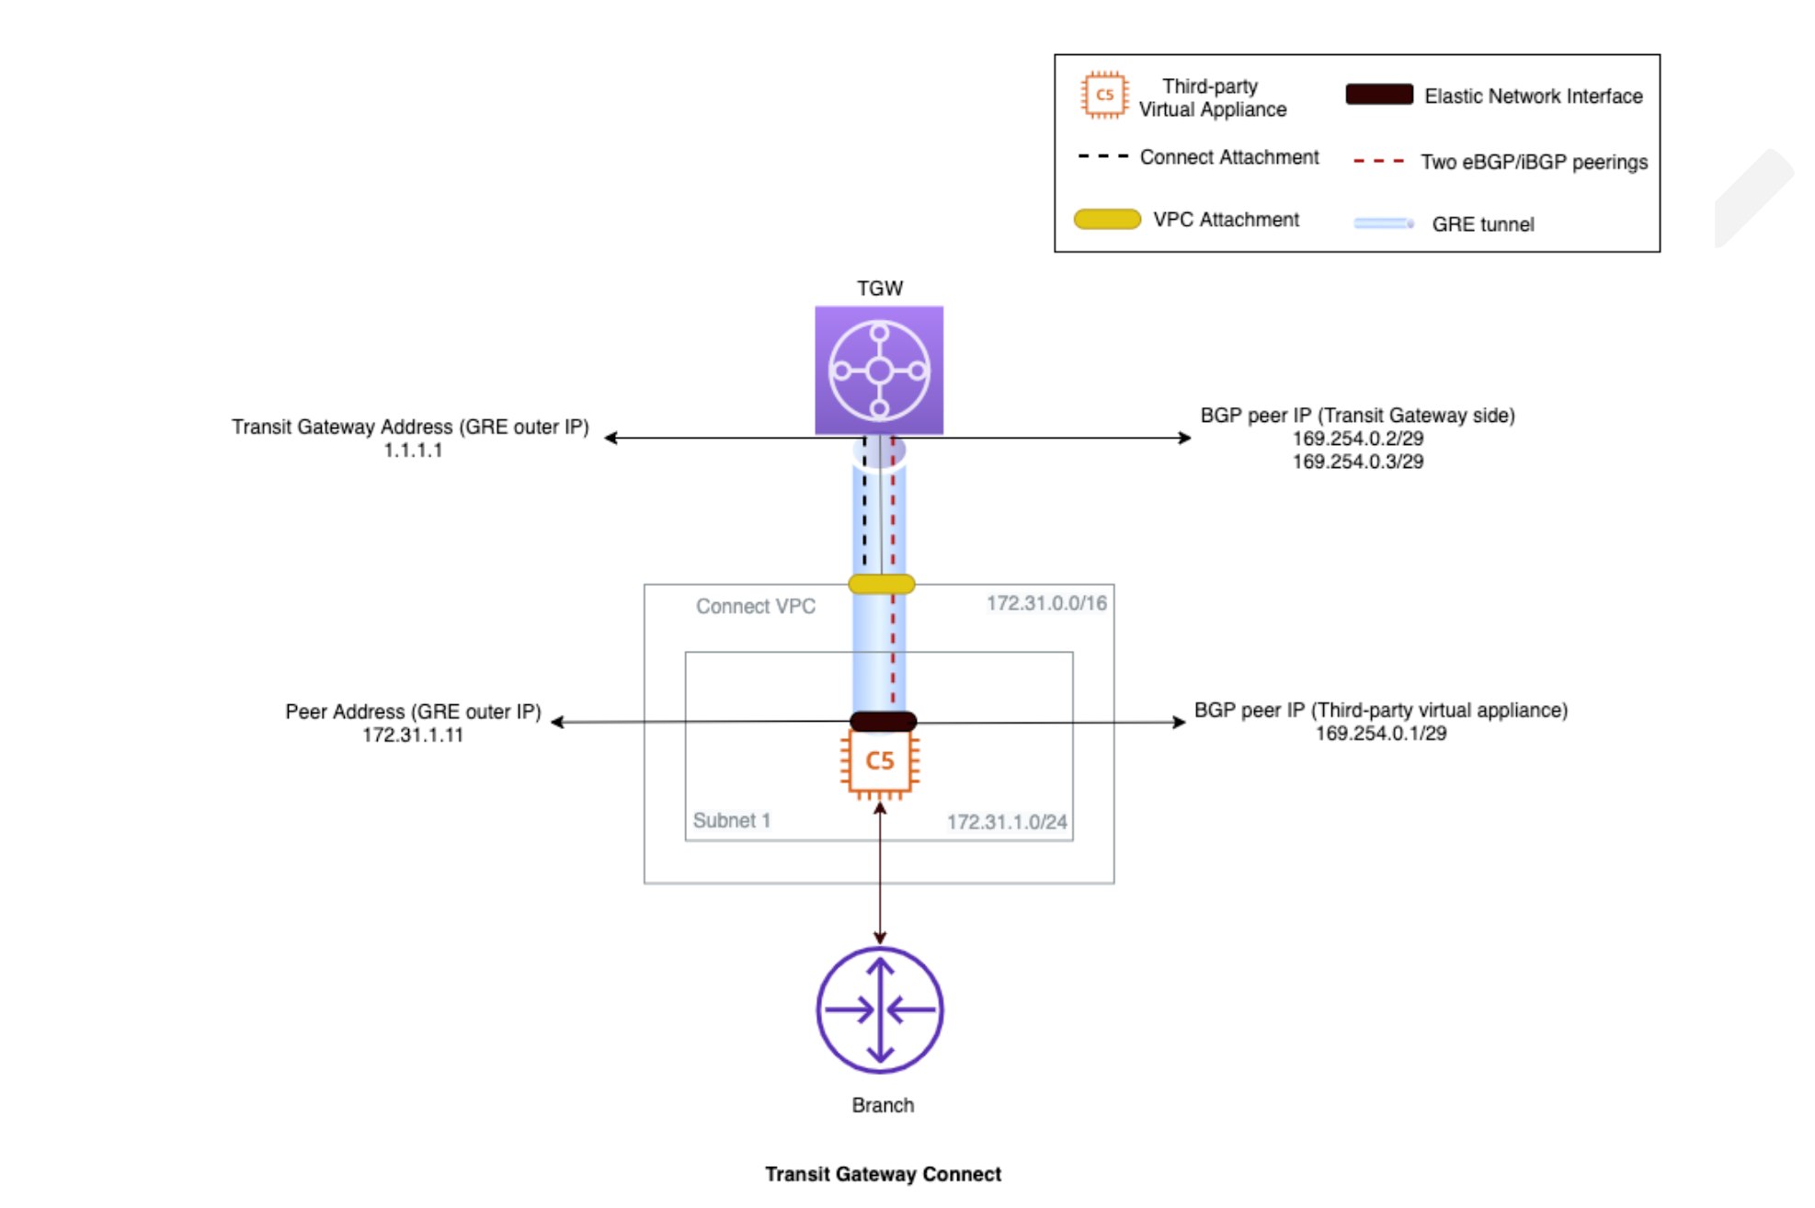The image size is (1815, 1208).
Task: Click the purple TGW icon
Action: pyautogui.click(x=878, y=370)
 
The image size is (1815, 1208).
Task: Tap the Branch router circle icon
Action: pyautogui.click(x=879, y=1009)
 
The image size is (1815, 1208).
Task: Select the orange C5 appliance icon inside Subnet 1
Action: pyautogui.click(x=879, y=761)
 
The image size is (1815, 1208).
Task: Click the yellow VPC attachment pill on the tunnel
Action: pyautogui.click(x=881, y=584)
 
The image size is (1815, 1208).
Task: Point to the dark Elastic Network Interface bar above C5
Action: pyautogui.click(x=883, y=722)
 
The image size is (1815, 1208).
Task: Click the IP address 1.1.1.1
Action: pyautogui.click(x=413, y=450)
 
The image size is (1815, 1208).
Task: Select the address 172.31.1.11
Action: pyautogui.click(x=413, y=735)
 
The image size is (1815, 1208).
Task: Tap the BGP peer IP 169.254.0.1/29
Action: pyautogui.click(x=1380, y=734)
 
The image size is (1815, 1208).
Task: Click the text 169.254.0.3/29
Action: pyautogui.click(x=1357, y=462)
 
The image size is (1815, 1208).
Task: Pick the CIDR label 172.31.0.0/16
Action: pyautogui.click(x=1046, y=603)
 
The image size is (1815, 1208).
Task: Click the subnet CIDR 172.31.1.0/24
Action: pyautogui.click(x=1007, y=822)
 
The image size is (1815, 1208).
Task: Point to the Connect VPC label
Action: pyautogui.click(x=755, y=607)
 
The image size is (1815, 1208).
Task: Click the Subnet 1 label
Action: pyautogui.click(x=731, y=820)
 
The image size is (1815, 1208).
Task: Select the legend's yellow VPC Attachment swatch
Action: pyautogui.click(x=1107, y=219)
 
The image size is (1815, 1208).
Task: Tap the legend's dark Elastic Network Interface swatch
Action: pyautogui.click(x=1378, y=95)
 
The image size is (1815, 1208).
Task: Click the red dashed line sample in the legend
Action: pyautogui.click(x=1378, y=161)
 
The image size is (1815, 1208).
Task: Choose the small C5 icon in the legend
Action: pyautogui.click(x=1104, y=95)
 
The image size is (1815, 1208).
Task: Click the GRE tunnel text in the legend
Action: pyautogui.click(x=1482, y=224)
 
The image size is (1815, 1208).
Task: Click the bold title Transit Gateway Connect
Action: pyautogui.click(x=883, y=1174)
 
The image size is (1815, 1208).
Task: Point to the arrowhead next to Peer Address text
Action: pyautogui.click(x=557, y=723)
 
